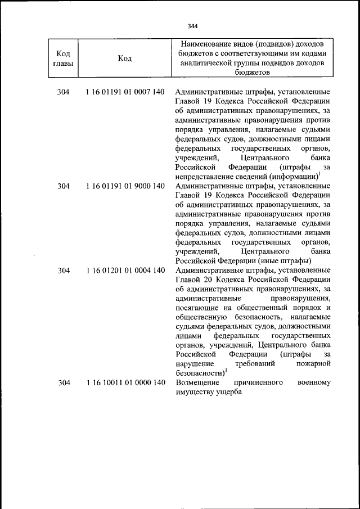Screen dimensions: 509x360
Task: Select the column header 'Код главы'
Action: point(64,58)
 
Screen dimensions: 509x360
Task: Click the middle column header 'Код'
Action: point(125,58)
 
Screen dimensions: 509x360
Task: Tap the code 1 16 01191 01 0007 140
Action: point(125,92)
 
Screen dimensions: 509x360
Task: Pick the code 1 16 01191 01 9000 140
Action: point(125,186)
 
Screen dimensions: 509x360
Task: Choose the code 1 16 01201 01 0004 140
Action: point(125,271)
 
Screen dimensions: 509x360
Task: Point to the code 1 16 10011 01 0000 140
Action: point(125,382)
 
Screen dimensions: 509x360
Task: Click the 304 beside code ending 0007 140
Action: point(64,92)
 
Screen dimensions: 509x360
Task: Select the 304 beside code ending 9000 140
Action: point(64,186)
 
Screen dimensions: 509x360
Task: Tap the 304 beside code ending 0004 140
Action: point(64,271)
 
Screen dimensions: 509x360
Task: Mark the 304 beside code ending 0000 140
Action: point(64,382)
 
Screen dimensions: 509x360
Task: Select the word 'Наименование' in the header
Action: point(207,44)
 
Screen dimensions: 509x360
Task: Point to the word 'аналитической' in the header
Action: point(204,63)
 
